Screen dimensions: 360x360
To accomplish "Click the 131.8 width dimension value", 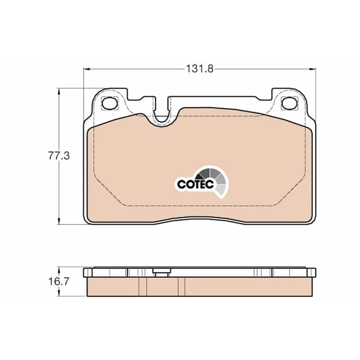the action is tap(199, 69).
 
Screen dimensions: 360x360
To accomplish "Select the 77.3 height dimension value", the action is tap(59, 156).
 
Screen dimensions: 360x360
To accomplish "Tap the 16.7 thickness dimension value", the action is tap(58, 282).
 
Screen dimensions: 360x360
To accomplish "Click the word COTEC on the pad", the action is tap(196, 184).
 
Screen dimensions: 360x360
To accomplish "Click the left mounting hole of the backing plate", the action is tap(109, 103).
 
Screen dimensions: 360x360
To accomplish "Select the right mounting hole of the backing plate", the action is tap(289, 103).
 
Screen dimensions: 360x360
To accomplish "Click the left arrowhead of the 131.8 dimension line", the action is tap(86, 69).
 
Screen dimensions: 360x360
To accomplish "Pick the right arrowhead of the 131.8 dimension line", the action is tap(313, 69).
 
